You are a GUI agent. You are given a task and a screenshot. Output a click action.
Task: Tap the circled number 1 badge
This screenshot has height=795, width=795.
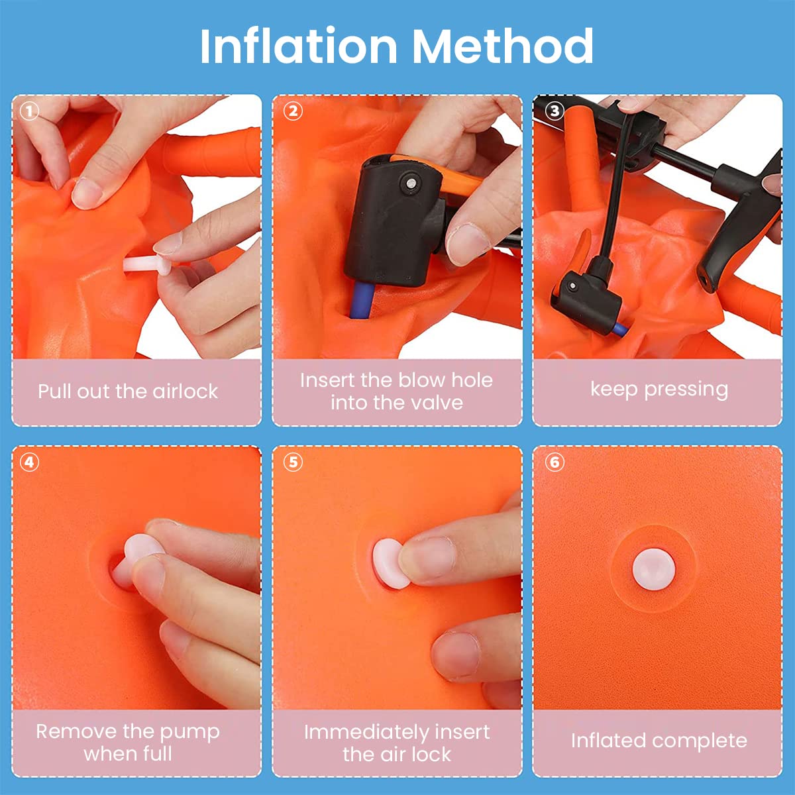29,111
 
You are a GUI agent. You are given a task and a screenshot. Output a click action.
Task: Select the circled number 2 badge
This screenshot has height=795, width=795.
293,111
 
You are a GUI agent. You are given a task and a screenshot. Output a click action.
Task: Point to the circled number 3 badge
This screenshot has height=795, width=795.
555,111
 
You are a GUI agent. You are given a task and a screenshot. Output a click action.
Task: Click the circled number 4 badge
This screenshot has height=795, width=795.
29,462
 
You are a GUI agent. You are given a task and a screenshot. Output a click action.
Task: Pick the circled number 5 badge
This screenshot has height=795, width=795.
293,462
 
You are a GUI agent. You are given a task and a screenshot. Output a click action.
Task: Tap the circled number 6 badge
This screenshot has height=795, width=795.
555,462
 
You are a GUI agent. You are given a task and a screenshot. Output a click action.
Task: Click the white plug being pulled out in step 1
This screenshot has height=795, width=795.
146,264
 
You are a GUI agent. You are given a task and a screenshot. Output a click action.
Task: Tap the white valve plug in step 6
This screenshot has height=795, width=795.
654,569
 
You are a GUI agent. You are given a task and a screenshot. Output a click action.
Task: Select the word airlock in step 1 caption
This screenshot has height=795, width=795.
185,391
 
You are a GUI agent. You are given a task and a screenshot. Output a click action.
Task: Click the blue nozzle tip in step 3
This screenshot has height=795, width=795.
620,329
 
